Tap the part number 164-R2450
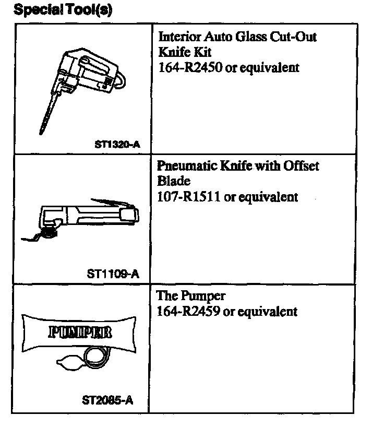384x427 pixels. pos(189,68)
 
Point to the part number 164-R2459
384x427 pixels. pos(188,312)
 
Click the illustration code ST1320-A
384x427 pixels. pos(117,144)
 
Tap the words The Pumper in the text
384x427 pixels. pos(191,296)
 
